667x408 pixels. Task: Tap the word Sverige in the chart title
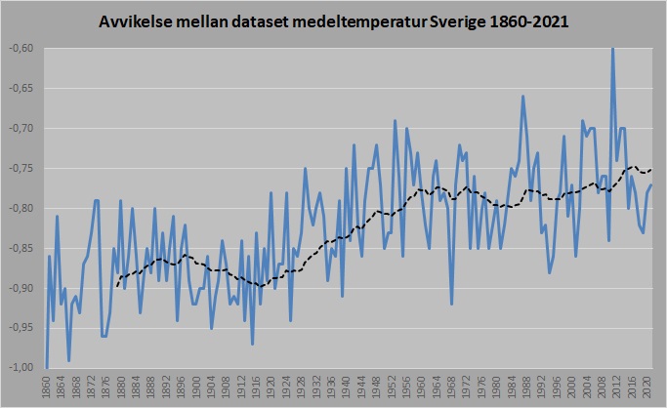click(x=459, y=21)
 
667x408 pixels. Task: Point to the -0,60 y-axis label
click(x=22, y=48)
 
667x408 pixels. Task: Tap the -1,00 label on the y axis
click(x=22, y=367)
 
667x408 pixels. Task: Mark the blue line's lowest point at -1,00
click(x=46, y=367)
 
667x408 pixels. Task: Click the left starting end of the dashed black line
click(x=117, y=286)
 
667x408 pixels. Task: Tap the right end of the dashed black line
click(x=652, y=171)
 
